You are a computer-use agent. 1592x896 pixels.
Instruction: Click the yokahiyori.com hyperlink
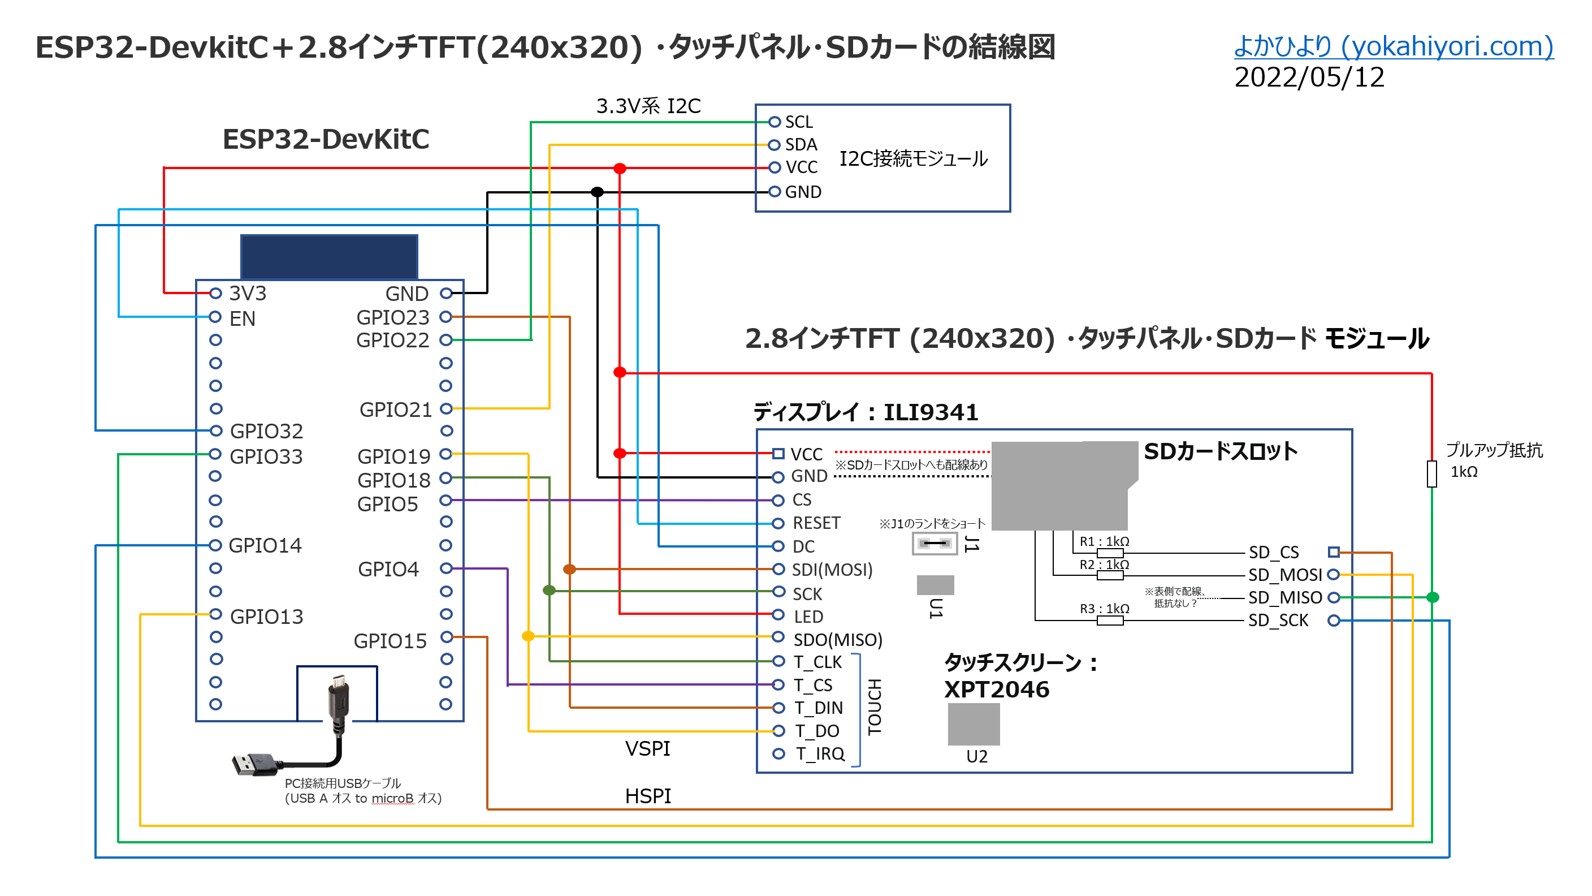click(1393, 46)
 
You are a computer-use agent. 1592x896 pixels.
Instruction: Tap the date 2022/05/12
click(1308, 78)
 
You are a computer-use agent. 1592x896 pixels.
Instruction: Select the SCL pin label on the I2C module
click(798, 122)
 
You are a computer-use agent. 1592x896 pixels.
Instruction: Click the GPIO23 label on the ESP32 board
click(392, 317)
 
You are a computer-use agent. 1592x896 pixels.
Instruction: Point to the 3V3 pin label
click(247, 293)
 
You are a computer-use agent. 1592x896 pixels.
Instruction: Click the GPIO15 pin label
click(390, 641)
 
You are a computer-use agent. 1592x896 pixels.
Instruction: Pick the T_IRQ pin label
click(820, 754)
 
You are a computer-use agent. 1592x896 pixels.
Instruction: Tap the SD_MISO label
click(1284, 597)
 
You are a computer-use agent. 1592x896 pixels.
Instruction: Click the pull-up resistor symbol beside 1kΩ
click(1431, 473)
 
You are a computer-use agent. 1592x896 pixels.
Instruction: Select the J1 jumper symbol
click(935, 544)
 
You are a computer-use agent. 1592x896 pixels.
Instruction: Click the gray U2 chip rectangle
click(974, 724)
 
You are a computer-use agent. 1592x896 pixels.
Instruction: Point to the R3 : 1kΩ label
click(1104, 609)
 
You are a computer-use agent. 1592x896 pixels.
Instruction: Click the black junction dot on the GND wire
click(597, 192)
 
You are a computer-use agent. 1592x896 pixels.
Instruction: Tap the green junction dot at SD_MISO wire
click(1433, 597)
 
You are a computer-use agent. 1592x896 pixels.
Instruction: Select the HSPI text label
click(648, 796)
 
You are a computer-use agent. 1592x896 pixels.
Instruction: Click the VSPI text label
click(647, 749)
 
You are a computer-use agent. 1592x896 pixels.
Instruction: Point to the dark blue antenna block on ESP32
click(329, 257)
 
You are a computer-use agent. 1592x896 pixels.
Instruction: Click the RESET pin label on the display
click(816, 523)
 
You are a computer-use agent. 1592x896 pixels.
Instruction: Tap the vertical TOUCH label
click(875, 707)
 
